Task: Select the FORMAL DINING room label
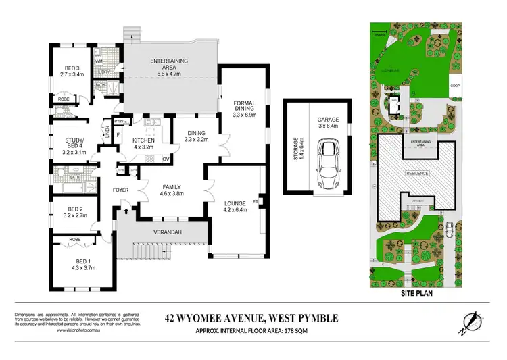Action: click(x=244, y=110)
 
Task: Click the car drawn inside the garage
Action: click(x=330, y=165)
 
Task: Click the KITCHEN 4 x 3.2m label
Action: click(x=144, y=142)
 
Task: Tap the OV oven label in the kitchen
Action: click(x=166, y=159)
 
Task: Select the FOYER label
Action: click(x=120, y=190)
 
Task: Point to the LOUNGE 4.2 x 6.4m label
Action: click(x=237, y=205)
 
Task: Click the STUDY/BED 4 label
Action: click(x=73, y=146)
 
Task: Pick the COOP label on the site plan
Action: click(x=456, y=86)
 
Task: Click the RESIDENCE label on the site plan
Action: click(x=416, y=173)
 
